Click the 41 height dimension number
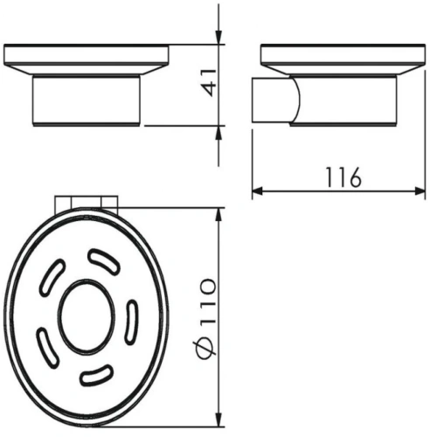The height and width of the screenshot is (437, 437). pos(210,83)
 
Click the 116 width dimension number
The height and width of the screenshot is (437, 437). pos(343,177)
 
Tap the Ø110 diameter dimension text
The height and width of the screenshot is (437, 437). pos(205,318)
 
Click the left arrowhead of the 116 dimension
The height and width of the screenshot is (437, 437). pos(258,191)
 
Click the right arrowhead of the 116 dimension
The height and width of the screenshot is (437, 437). pos(420,191)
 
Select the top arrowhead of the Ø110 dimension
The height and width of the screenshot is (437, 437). pos(218,214)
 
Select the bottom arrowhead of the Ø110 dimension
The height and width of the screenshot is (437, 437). pos(218,421)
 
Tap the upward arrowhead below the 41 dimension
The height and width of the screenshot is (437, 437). pos(218,132)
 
